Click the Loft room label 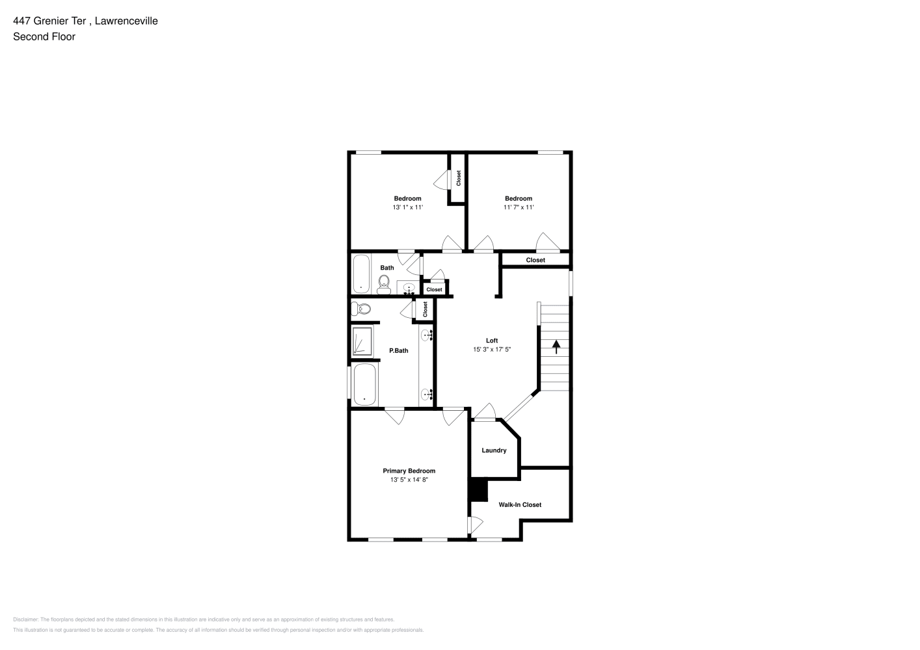click(492, 341)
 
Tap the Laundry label click(494, 450)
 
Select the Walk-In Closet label click(520, 505)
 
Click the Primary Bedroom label click(409, 471)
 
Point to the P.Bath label click(398, 350)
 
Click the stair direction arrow click(556, 346)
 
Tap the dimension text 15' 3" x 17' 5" click(492, 349)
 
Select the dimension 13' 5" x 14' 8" click(409, 479)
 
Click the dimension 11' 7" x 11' click(519, 207)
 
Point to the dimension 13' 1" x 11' click(407, 207)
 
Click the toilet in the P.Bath click(361, 309)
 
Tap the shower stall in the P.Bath click(362, 341)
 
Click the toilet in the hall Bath click(384, 285)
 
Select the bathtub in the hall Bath click(362, 274)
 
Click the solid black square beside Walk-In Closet click(479, 491)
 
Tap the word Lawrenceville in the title click(126, 21)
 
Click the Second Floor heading click(44, 36)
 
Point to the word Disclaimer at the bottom click(25, 619)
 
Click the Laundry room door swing click(485, 411)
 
